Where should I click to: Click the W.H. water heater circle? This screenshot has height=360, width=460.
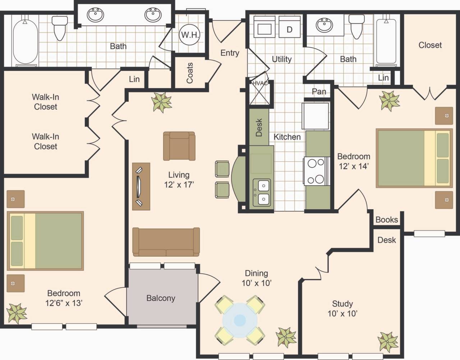(x=189, y=35)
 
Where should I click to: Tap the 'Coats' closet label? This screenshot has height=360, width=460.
(x=190, y=73)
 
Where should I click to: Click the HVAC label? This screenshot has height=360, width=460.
(x=259, y=83)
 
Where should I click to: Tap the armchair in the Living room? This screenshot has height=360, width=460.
(x=179, y=146)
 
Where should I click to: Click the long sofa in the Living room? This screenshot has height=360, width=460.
(x=166, y=242)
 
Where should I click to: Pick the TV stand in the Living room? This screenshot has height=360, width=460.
(x=141, y=186)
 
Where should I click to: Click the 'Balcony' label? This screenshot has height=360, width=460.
(x=161, y=298)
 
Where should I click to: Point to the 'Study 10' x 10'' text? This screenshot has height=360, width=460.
(x=342, y=309)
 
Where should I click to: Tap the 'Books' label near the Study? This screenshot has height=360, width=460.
(x=387, y=220)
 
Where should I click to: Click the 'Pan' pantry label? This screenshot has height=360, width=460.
(x=319, y=92)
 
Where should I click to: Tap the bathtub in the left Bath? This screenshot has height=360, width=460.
(x=26, y=41)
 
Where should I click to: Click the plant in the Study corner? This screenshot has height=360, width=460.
(x=388, y=341)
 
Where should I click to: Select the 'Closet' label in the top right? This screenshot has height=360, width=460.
(x=430, y=45)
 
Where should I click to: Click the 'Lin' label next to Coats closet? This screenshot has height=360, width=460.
(x=134, y=79)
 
